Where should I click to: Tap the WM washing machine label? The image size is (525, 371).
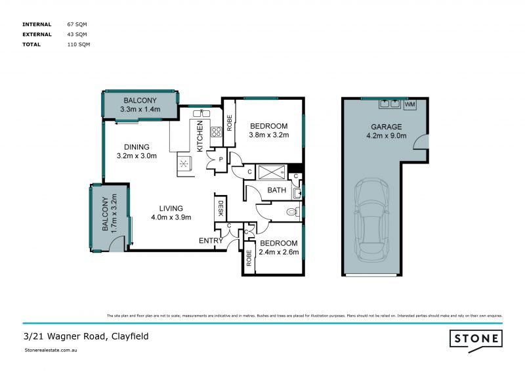point(410,104)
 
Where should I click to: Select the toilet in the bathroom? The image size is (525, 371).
point(293,211)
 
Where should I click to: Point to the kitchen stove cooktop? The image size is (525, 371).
point(215,135)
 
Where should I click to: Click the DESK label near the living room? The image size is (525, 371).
point(220,208)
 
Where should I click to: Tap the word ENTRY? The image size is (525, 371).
point(211,241)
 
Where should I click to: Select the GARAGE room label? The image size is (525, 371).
point(386,127)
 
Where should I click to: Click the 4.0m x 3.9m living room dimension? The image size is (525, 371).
point(171,218)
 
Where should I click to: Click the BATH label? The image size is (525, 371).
point(276,191)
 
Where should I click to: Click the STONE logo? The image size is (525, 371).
point(476,339)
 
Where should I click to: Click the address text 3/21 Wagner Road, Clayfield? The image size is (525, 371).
point(86,336)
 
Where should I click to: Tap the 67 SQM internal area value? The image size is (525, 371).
point(77,24)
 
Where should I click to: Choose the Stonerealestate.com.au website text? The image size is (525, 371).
point(52,351)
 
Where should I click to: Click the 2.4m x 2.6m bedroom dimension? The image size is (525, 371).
point(278,251)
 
